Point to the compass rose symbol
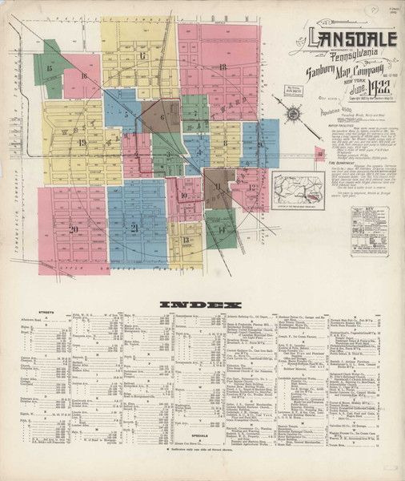coord(294,114)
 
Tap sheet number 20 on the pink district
coord(73,229)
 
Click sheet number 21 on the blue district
coord(134,228)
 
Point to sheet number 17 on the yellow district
coord(142,55)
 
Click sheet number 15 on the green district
coord(50,69)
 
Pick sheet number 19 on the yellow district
coord(82,142)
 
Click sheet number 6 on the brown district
coord(162,116)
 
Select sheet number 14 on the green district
coord(221,228)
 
